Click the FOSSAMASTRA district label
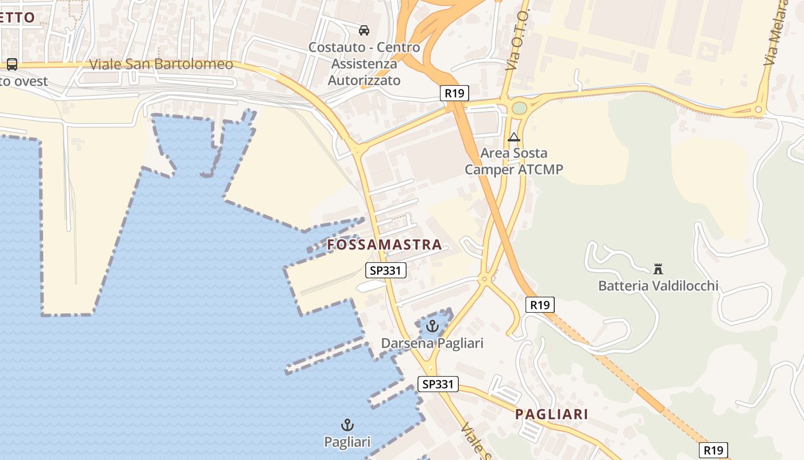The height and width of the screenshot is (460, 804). tap(384, 245)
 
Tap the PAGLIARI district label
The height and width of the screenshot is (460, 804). tap(551, 414)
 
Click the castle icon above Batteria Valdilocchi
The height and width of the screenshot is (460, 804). tap(658, 269)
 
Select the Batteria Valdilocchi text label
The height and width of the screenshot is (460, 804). tap(658, 285)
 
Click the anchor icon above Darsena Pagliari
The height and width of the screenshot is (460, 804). tap(432, 326)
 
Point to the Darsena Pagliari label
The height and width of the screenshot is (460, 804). tap(432, 343)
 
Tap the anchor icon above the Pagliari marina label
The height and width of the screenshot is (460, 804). tap(347, 425)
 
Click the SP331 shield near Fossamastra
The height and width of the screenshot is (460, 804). tap(386, 270)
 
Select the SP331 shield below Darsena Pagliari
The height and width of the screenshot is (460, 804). tap(438, 384)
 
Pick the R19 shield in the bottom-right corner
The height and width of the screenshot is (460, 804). tap(713, 450)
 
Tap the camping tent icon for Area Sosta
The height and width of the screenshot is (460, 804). tap(514, 137)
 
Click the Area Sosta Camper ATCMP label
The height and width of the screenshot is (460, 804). tap(514, 161)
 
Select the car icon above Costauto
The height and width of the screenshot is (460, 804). tap(364, 30)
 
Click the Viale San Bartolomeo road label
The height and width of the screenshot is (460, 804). tap(161, 64)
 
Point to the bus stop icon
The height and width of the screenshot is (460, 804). tap(12, 64)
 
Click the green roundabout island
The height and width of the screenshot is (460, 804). tap(519, 108)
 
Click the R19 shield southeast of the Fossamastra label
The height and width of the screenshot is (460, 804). tap(540, 305)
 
